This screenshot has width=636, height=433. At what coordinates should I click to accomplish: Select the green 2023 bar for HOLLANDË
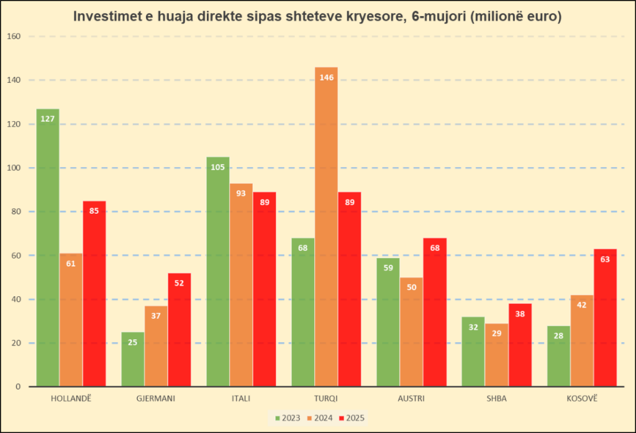48,248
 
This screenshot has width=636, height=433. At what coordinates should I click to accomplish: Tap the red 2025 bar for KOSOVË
605,317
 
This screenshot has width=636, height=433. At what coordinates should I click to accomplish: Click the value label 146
326,78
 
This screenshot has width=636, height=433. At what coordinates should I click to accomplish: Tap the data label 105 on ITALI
218,167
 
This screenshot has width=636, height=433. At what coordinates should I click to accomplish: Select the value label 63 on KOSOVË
605,259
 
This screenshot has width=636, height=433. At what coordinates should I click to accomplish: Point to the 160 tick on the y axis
14,36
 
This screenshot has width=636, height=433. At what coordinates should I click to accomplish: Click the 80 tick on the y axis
16,212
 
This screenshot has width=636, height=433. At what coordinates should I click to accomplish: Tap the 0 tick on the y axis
18,387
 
